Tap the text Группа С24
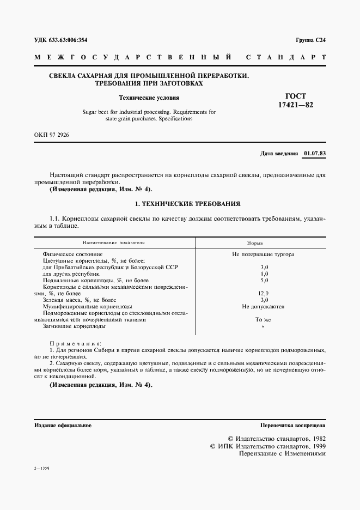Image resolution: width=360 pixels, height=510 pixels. point(310,40)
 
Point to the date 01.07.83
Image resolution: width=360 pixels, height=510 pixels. point(315,154)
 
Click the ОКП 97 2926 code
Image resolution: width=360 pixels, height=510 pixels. point(52,133)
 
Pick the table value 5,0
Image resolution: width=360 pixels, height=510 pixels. point(264,280)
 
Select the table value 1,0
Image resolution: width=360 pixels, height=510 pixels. point(264,274)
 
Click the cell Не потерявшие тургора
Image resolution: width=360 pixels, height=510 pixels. point(264,254)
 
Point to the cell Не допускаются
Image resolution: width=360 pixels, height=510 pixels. point(264,307)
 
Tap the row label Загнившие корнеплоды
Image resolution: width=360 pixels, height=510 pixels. point(74,326)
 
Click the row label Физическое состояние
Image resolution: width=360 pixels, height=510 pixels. point(72,254)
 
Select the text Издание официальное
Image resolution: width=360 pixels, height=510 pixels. point(63,425)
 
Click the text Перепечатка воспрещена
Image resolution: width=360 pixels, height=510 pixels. point(292,425)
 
